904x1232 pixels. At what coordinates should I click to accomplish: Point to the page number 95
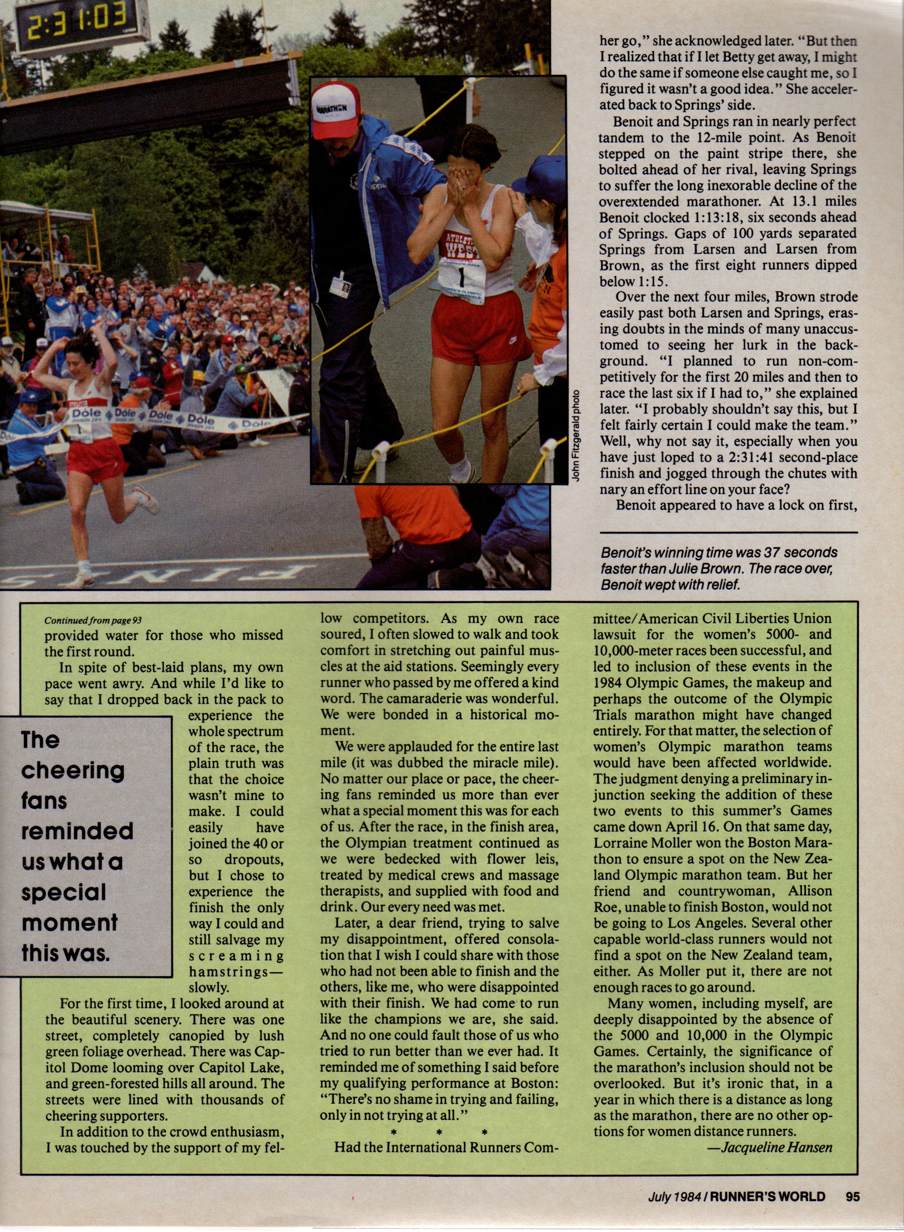click(852, 1196)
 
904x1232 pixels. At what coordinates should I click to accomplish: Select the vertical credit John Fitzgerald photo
click(575, 435)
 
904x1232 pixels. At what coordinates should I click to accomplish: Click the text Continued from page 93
click(93, 621)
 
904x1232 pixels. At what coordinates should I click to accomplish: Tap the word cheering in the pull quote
click(73, 770)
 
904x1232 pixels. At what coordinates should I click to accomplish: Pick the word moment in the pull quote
click(70, 922)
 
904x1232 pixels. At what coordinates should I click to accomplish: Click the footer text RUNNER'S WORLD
click(767, 1196)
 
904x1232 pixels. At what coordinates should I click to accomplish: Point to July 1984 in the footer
click(675, 1196)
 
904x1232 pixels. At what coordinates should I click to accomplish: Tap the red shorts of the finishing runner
click(96, 458)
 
